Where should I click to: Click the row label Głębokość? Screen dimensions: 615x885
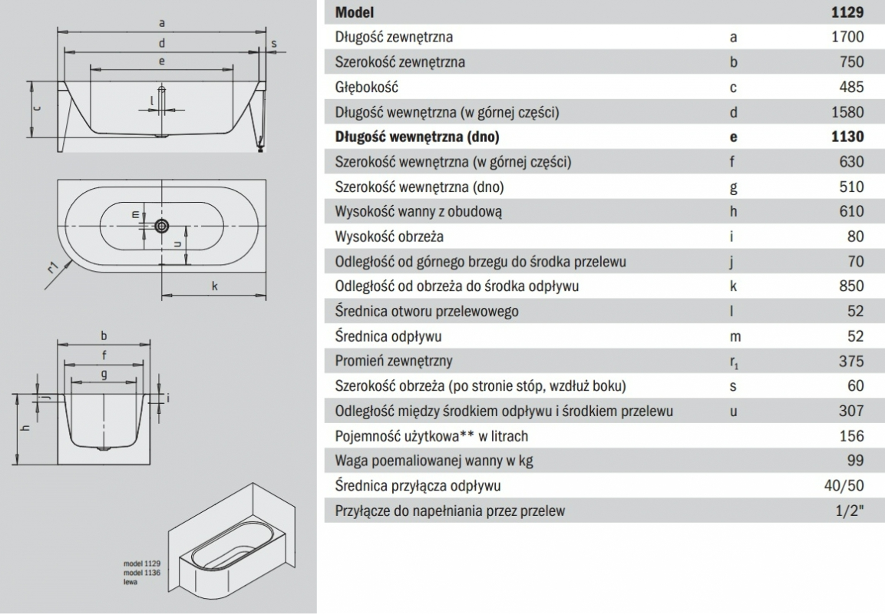click(366, 88)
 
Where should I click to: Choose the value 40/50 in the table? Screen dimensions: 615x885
click(847, 485)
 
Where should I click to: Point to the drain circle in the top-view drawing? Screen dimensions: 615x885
click(161, 226)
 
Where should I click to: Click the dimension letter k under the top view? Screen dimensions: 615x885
click(215, 286)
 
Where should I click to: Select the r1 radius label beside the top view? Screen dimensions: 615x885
click(52, 268)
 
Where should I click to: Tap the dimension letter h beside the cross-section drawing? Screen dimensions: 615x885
click(26, 428)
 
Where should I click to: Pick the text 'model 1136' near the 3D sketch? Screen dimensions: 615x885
click(142, 574)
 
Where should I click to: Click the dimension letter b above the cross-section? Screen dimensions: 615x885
click(103, 335)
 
